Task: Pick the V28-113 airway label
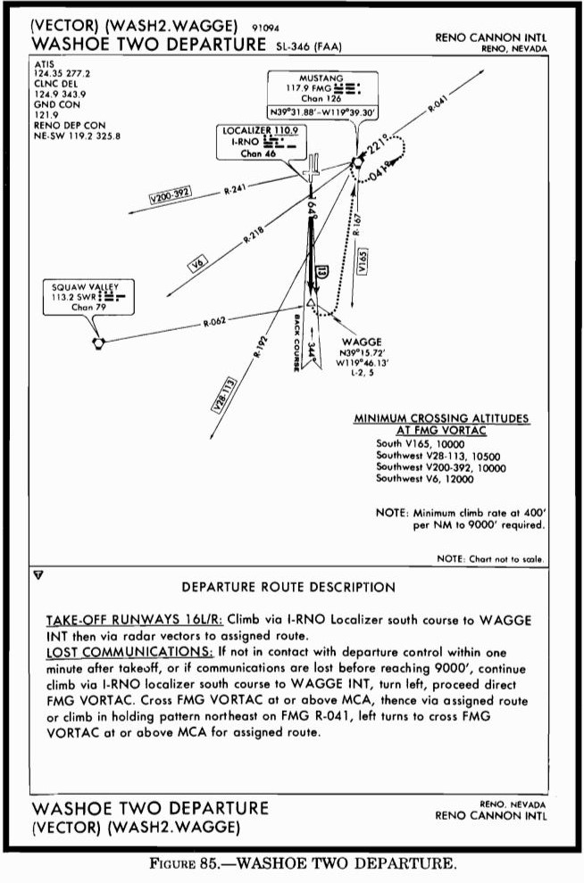click(225, 393)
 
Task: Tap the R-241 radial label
click(235, 188)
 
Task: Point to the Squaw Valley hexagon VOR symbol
click(97, 342)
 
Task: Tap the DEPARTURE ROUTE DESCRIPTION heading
click(288, 588)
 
